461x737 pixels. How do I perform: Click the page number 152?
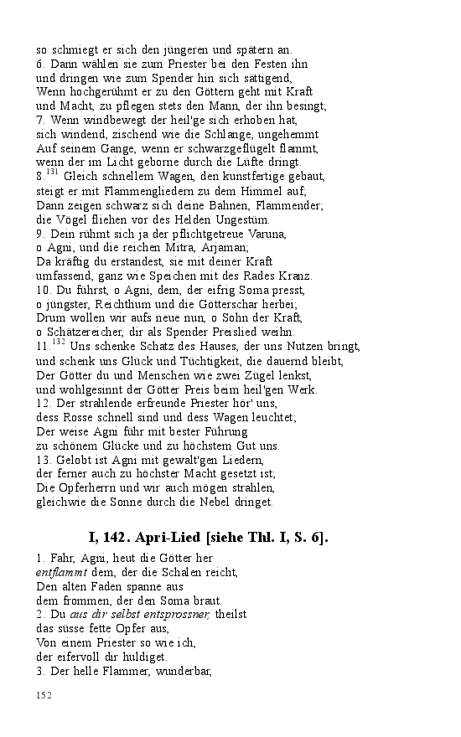point(44,695)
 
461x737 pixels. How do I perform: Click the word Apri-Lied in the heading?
point(177,537)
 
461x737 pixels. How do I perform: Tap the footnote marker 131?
point(51,172)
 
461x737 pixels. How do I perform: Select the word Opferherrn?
point(89,488)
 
